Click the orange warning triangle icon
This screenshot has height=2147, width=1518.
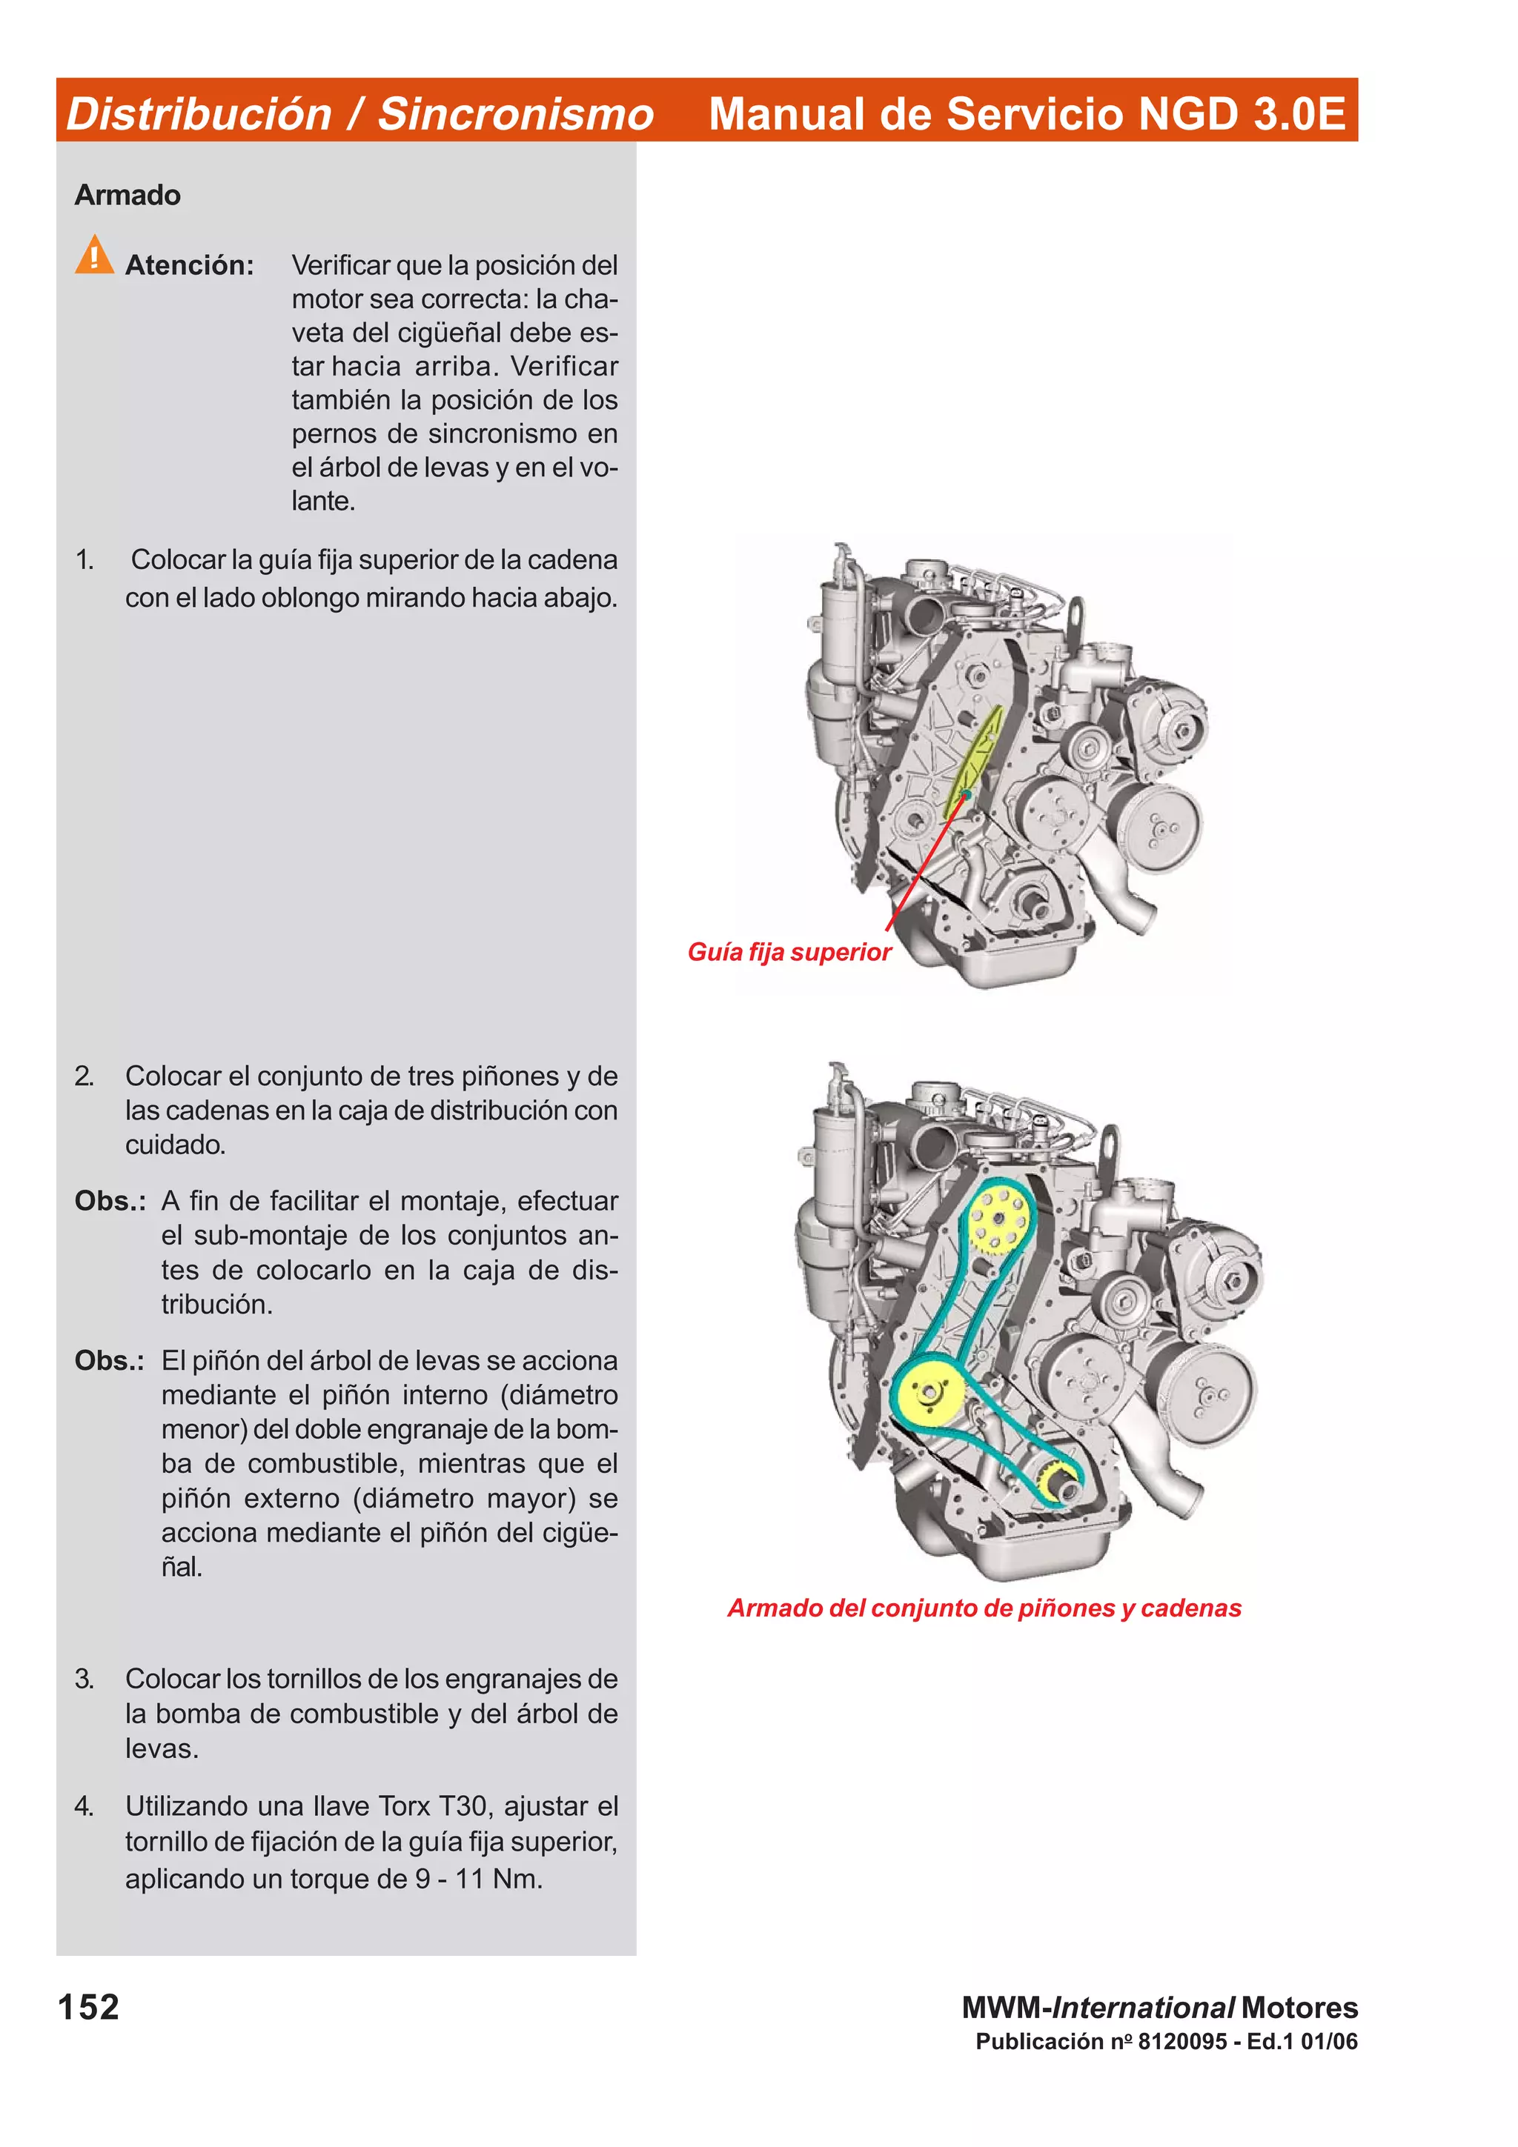93,256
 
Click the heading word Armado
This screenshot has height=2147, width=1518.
127,195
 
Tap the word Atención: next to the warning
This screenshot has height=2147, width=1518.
189,265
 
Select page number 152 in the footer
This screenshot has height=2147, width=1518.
88,2007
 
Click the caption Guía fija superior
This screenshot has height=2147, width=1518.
789,952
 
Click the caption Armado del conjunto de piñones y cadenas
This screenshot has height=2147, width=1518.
984,1608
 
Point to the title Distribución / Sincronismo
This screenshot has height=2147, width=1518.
359,114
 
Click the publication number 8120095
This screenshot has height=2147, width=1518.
1181,2041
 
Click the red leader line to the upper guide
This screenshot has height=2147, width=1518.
921,866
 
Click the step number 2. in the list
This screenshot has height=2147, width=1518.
84,1076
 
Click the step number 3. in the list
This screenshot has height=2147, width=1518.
84,1679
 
